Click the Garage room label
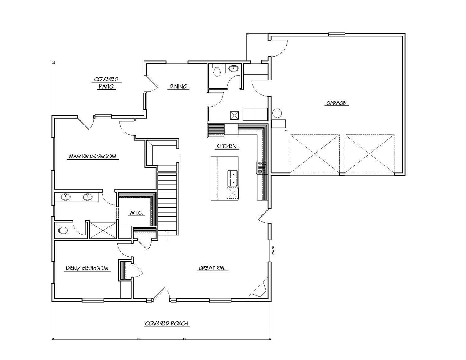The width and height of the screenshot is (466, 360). [336, 103]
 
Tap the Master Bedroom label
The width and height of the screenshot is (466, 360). [93, 157]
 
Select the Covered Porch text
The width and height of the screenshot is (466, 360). [167, 324]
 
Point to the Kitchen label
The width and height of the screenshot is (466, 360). [226, 146]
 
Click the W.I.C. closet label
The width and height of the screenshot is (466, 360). [136, 213]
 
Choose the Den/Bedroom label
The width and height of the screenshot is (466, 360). [87, 268]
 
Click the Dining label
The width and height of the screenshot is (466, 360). [178, 86]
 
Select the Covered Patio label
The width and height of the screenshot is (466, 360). [106, 83]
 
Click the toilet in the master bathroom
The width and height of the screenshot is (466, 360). [62, 230]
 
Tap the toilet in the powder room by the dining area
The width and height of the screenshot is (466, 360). [217, 71]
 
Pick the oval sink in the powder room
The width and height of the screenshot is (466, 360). [233, 68]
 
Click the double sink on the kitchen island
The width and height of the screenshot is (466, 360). [233, 178]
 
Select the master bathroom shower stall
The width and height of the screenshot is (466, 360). [103, 230]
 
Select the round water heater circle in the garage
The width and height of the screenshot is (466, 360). [277, 113]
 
